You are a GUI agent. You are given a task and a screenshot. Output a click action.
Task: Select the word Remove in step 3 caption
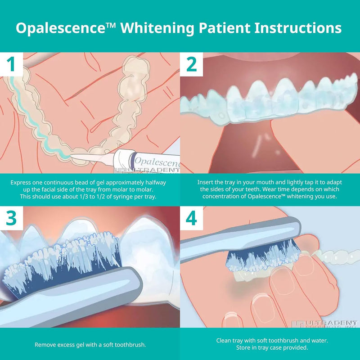pos(45,345)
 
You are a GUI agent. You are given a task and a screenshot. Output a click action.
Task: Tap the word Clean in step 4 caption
pos(224,341)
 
